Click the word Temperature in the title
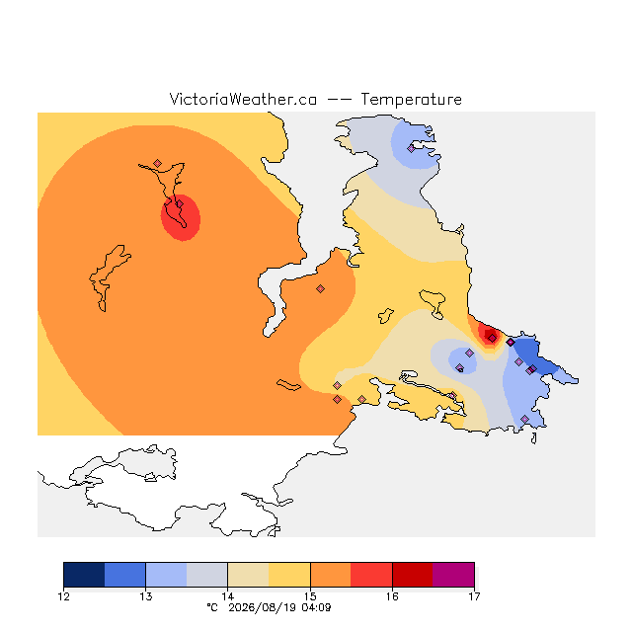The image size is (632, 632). coord(411,100)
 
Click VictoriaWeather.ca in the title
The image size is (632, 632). coord(243,99)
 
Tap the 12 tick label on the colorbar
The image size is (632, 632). coord(63,596)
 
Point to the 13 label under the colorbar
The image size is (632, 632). coord(145,596)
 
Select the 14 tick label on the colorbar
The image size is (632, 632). coord(228,596)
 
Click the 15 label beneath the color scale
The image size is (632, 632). coord(310,596)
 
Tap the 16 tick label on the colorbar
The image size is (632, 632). coord(392,596)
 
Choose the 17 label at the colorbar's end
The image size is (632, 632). coord(474,596)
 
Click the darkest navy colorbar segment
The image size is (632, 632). coord(84,575)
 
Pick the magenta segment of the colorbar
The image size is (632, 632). coord(453,575)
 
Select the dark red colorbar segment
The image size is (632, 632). coord(413,575)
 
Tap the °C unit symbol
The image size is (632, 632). coord(212,607)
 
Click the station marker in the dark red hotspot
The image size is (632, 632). coord(492,338)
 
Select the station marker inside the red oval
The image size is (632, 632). coord(180,204)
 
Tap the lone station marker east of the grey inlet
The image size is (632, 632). coord(320,288)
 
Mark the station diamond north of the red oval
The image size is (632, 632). coord(158,163)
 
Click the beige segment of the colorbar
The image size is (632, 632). coord(248,575)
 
